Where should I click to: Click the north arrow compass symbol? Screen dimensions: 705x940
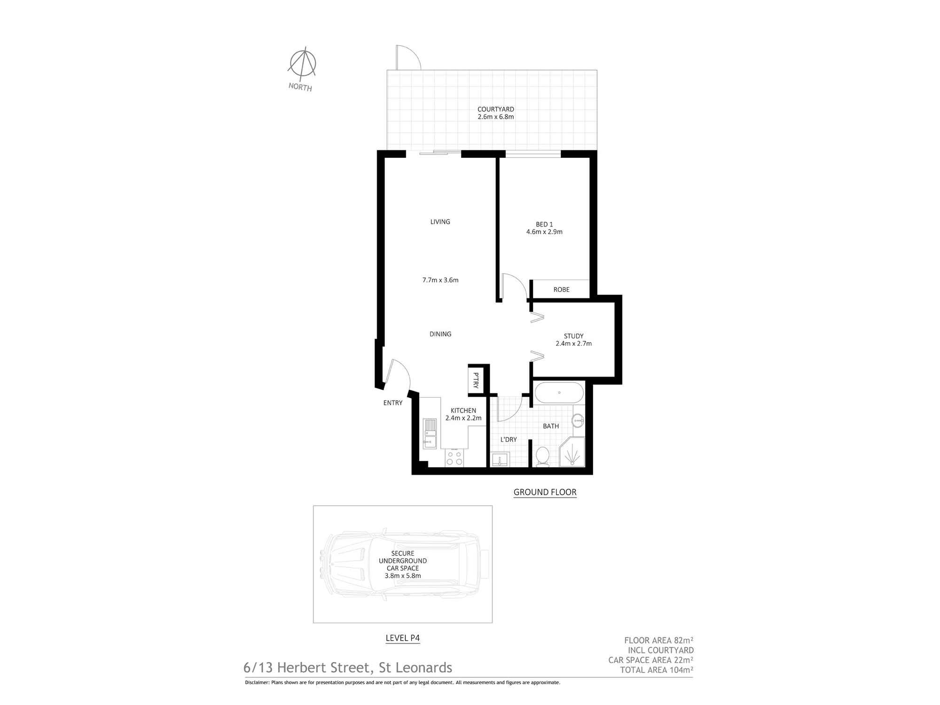(x=302, y=63)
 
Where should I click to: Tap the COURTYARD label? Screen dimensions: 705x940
(x=495, y=109)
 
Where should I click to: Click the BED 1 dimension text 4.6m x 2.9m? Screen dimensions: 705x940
(x=544, y=232)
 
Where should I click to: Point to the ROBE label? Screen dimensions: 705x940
(x=561, y=290)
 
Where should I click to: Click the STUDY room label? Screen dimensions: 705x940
(x=573, y=336)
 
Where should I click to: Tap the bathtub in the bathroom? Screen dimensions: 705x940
(x=559, y=393)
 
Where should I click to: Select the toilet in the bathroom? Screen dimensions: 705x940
(x=542, y=456)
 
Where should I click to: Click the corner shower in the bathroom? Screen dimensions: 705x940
(x=572, y=452)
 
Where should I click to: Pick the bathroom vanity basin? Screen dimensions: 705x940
(x=578, y=420)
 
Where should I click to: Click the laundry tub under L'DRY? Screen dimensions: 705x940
(x=500, y=459)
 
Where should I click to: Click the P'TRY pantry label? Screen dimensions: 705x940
(x=476, y=380)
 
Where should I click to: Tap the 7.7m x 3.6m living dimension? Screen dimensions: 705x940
(x=440, y=280)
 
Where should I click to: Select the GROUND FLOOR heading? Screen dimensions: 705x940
(x=545, y=492)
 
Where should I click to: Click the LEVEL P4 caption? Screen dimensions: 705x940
(x=402, y=638)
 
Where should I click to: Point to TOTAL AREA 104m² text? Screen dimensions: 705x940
(x=657, y=670)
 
